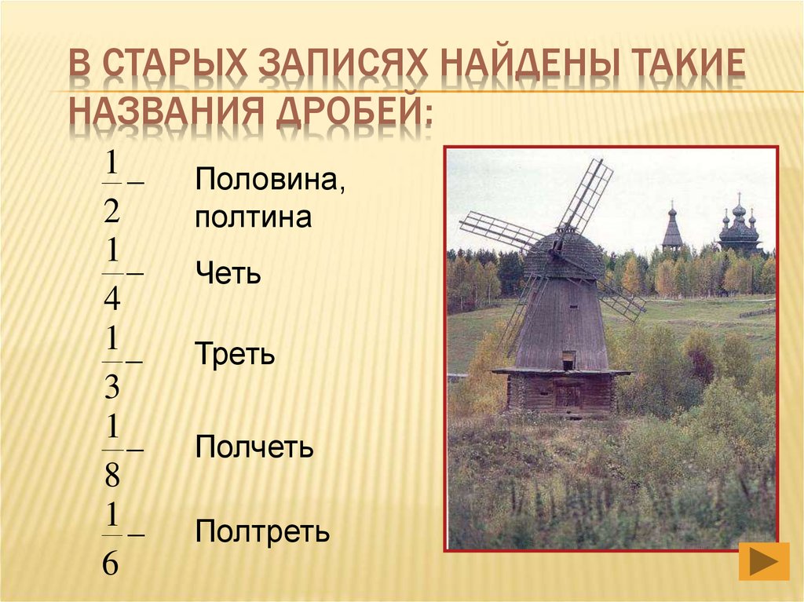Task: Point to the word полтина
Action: pos(254,217)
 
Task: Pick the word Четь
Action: pos(228,275)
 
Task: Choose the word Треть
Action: pos(236,355)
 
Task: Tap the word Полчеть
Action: pos(255,448)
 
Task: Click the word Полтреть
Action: pos(263,533)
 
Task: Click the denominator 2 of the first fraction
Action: pos(111,210)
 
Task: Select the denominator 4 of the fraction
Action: pos(111,299)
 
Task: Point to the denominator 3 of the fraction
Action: pos(111,387)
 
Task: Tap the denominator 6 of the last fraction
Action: pos(111,563)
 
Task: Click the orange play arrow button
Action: pos(764,563)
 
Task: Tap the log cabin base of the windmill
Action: pos(561,392)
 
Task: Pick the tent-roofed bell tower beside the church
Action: pos(672,230)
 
